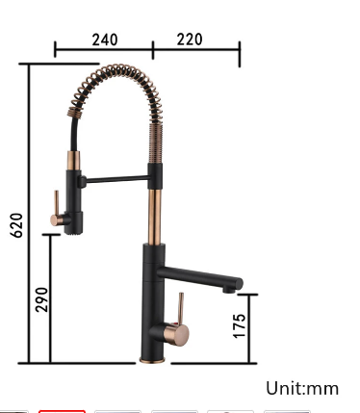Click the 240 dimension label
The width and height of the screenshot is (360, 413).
[105, 39]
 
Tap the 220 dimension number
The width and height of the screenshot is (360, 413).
[190, 39]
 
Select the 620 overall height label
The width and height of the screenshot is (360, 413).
[16, 225]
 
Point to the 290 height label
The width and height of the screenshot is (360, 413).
[41, 299]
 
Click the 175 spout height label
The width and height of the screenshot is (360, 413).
[240, 326]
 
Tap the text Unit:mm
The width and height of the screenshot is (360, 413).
[302, 388]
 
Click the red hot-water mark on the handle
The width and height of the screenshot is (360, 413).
[175, 323]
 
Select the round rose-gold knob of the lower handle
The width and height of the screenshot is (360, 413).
[176, 335]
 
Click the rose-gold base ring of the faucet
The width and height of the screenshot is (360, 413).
[152, 360]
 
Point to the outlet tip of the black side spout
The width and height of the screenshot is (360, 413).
[229, 290]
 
